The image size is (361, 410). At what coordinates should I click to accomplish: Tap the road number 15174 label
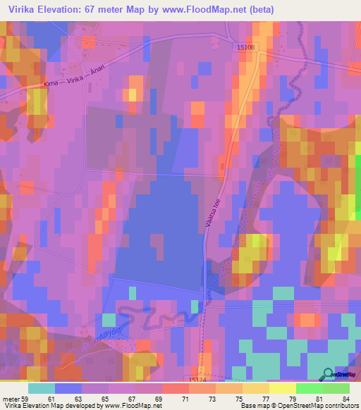coord(200,379)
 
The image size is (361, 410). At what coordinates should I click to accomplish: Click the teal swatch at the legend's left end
coord(41,388)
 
